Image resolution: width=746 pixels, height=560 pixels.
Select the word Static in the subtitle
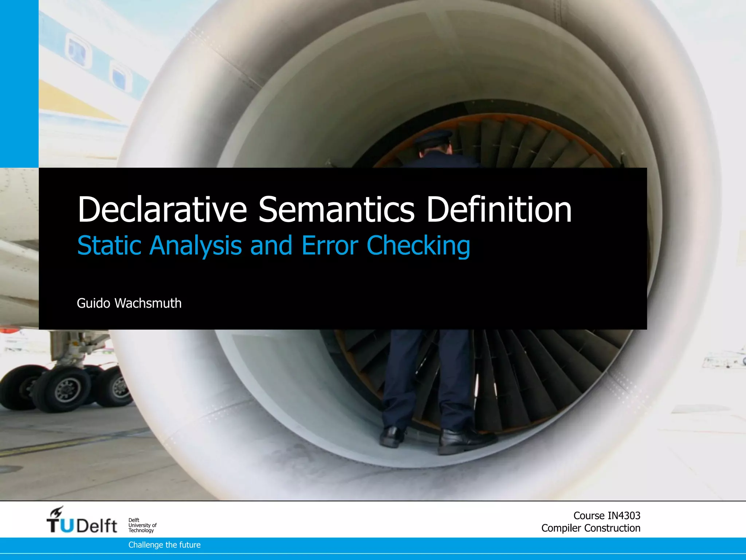pyautogui.click(x=109, y=245)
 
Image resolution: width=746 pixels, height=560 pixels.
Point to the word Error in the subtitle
pyautogui.click(x=330, y=245)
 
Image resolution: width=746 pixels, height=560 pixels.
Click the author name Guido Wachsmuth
pyautogui.click(x=129, y=303)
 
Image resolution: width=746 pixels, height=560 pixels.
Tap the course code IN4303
pyautogui.click(x=624, y=516)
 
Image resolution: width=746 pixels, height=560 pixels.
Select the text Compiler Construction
pyautogui.click(x=590, y=528)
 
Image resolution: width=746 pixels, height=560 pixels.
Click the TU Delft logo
pyautogui.click(x=82, y=525)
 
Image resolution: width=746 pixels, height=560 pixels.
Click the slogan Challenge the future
pyautogui.click(x=164, y=545)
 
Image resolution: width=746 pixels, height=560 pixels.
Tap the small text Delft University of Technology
pyautogui.click(x=142, y=525)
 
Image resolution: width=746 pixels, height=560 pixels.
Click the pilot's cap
pyautogui.click(x=433, y=138)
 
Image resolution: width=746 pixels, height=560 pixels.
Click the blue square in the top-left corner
pyautogui.click(x=19, y=83)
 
